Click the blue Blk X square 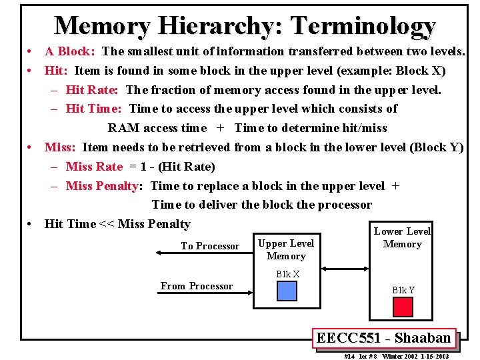point(287,291)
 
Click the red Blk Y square point(403,307)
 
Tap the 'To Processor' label point(210,246)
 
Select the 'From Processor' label point(197,286)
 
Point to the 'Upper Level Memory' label point(286,249)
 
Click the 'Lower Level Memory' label point(402,237)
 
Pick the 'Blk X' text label point(287,274)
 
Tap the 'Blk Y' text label point(403,290)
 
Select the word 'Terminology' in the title point(363,26)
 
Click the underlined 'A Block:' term point(69,51)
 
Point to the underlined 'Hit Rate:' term point(92,90)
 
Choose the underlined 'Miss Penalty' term point(102,186)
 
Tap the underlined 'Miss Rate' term point(94,167)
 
